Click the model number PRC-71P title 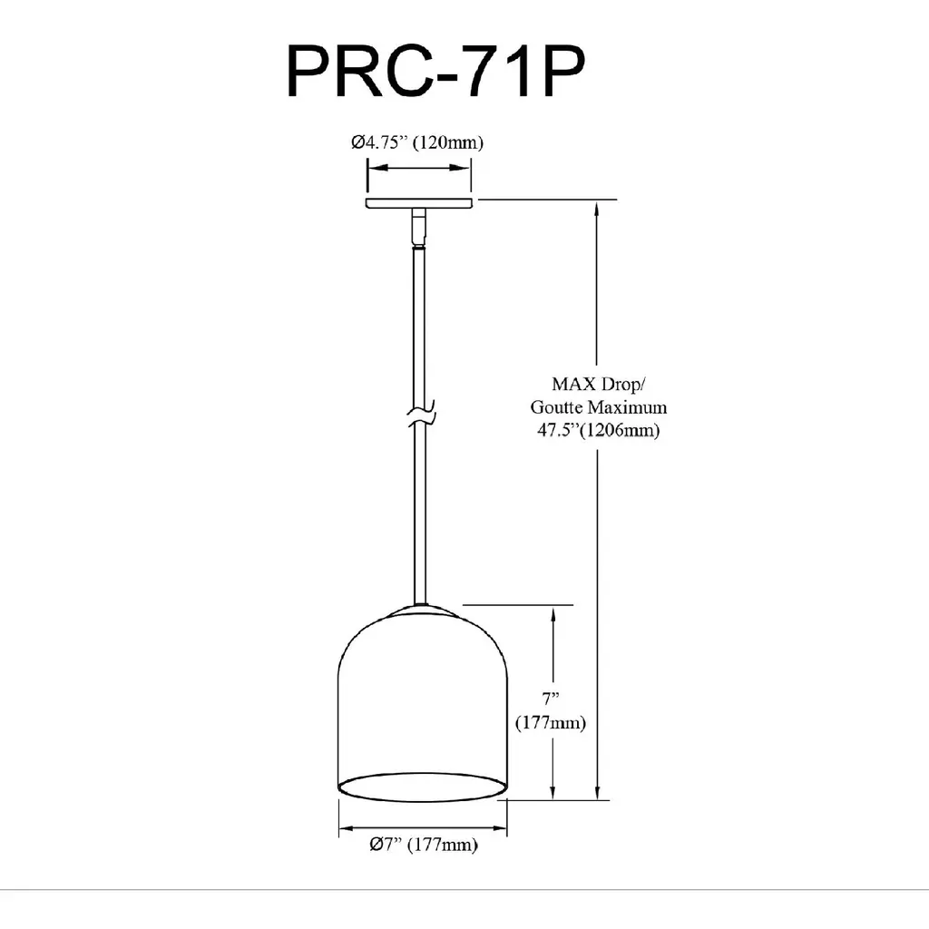[435, 72]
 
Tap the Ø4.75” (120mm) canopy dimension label [417, 142]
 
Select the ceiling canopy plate [419, 203]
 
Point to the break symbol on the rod [421, 414]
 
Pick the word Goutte [556, 407]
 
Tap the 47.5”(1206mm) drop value [599, 430]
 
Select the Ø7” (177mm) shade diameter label [423, 845]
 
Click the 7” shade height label [551, 699]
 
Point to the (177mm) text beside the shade [551, 723]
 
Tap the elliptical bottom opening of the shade [423, 787]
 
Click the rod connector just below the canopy [419, 226]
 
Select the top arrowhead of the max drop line [597, 210]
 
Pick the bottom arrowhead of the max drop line [597, 790]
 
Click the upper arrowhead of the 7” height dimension [553, 616]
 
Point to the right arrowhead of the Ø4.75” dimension [461, 168]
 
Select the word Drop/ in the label [623, 385]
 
